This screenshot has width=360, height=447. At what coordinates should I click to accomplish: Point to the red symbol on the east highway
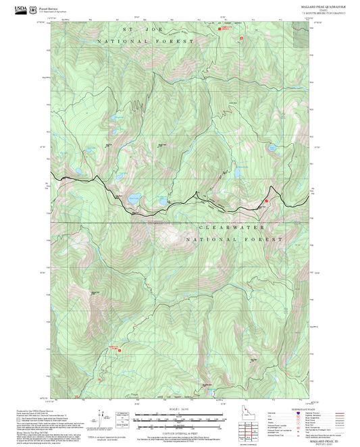pyautogui.click(x=266, y=201)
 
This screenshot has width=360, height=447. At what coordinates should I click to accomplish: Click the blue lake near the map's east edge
pyautogui.click(x=272, y=145)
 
